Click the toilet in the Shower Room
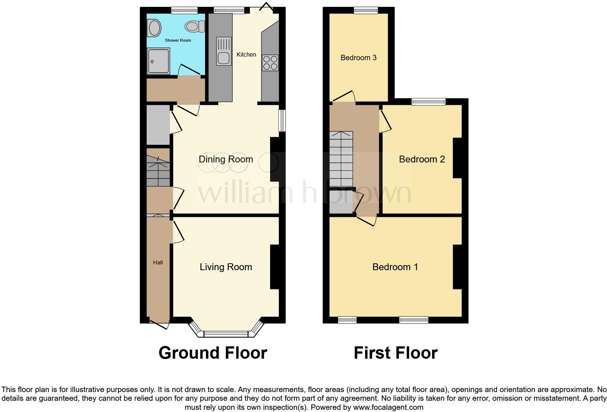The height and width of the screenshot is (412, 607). [x=192, y=26]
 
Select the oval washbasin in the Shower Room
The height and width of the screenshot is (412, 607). [x=154, y=28]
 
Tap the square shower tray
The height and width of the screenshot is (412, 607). [x=158, y=61]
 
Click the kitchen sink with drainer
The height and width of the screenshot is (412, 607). [x=224, y=51]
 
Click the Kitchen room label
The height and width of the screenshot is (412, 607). [x=246, y=54]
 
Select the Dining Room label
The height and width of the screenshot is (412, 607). [x=226, y=159]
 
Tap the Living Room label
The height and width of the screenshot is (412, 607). [x=226, y=267]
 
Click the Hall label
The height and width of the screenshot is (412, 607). [x=158, y=262]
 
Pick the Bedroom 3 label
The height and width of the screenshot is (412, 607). [x=358, y=58]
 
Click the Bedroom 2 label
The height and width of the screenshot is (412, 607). [x=422, y=159]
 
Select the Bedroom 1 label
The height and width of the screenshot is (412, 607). [x=395, y=267]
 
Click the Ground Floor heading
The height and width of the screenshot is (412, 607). [x=213, y=353]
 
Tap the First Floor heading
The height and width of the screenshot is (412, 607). [x=395, y=353]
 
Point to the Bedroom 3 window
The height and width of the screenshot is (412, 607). [x=366, y=11]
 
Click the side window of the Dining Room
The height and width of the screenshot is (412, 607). [x=282, y=121]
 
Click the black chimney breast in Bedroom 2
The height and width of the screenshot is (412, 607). [x=457, y=158]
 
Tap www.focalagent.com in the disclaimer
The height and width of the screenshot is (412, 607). [x=388, y=407]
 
